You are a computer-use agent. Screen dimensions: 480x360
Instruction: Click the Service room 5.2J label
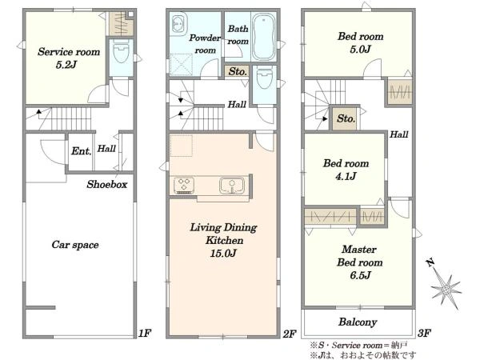[x=69, y=58]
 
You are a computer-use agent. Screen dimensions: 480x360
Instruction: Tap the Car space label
[x=75, y=245]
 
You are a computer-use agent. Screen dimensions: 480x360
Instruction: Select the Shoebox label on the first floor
[x=107, y=184]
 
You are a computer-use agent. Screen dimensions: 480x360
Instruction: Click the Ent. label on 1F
[x=81, y=151]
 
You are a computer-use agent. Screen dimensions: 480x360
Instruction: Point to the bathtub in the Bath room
[x=263, y=36]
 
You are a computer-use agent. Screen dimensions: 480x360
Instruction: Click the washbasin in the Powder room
[x=178, y=23]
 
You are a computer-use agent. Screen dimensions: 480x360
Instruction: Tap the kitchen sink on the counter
[x=232, y=186]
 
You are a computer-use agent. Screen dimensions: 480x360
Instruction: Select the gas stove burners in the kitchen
[x=184, y=186]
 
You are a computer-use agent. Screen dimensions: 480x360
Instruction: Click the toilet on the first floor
[x=122, y=52]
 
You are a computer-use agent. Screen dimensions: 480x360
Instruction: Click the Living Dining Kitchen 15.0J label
[x=223, y=240]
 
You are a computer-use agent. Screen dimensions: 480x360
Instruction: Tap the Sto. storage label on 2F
[x=238, y=72]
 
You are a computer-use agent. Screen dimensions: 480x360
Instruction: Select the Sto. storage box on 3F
[x=346, y=118]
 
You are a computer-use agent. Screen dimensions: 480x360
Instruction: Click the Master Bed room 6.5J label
[x=360, y=262]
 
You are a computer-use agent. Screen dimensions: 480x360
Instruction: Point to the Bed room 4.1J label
[x=346, y=170]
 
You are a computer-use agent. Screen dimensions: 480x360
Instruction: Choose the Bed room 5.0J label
[x=361, y=42]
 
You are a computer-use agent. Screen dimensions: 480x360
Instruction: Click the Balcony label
[x=358, y=322]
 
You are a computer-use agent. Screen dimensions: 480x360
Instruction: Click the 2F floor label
[x=289, y=334]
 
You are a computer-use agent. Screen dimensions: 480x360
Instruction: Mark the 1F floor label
[x=145, y=333]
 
